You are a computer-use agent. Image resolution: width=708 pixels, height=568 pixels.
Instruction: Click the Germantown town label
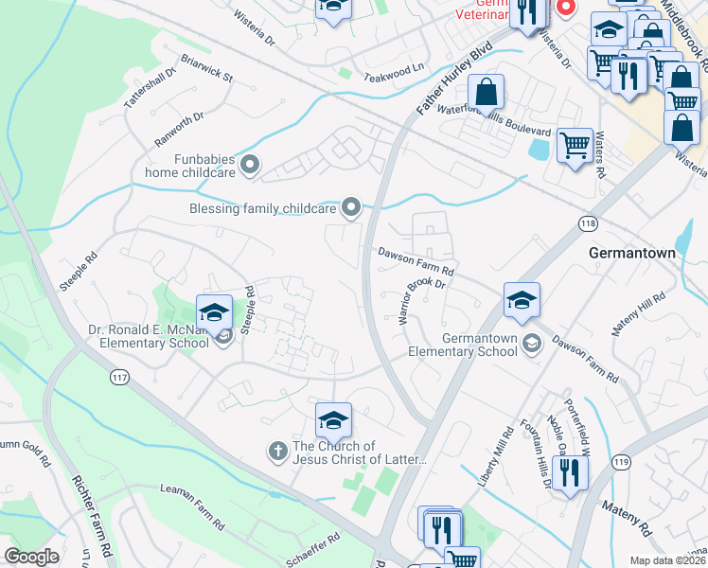pyautogui.click(x=632, y=255)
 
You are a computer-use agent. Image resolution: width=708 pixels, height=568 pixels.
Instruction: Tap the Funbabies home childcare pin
pyautogui.click(x=250, y=166)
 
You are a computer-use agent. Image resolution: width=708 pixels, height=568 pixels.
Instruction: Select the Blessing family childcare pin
pyautogui.click(x=351, y=206)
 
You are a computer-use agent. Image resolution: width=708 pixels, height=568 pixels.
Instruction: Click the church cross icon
pyautogui.click(x=278, y=452)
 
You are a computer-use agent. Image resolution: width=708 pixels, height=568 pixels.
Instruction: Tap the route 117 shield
pyautogui.click(x=118, y=378)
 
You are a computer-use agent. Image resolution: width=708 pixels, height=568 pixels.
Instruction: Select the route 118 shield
pyautogui.click(x=586, y=222)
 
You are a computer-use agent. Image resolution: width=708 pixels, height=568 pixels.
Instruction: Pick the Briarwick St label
pyautogui.click(x=206, y=73)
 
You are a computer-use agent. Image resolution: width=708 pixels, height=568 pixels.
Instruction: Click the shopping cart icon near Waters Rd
pyautogui.click(x=575, y=145)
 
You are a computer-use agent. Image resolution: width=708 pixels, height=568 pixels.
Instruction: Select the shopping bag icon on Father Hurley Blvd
pyautogui.click(x=486, y=92)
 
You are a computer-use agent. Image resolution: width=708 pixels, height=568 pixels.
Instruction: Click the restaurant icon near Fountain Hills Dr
pyautogui.click(x=568, y=470)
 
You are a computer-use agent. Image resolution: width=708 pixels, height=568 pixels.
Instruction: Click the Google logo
pyautogui.click(x=31, y=557)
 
